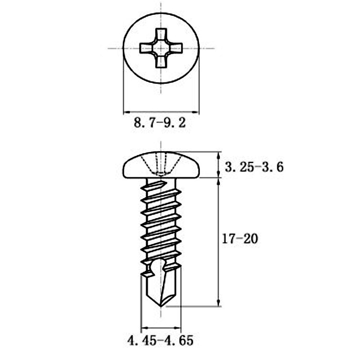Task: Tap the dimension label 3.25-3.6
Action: [x=254, y=167]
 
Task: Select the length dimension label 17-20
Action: [x=239, y=239]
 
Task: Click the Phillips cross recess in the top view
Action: [x=161, y=48]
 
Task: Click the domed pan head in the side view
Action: [x=161, y=165]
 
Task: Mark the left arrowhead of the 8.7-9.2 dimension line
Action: [x=126, y=111]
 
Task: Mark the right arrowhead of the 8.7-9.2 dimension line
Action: [x=196, y=111]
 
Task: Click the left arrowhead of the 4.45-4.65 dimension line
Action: [x=144, y=328]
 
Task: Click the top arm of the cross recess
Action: [x=161, y=35]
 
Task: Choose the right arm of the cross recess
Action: [x=176, y=48]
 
